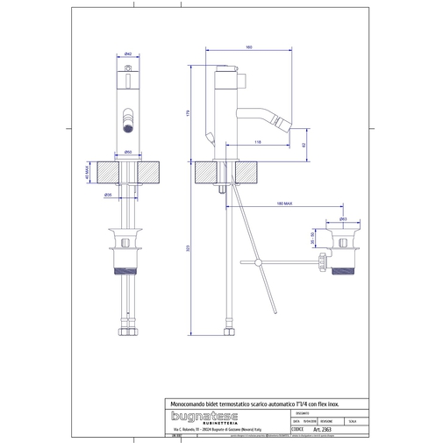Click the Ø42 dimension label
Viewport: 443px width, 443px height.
click(x=128, y=54)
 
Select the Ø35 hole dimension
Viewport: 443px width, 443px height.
click(x=108, y=194)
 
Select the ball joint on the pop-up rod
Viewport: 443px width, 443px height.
click(x=259, y=261)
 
